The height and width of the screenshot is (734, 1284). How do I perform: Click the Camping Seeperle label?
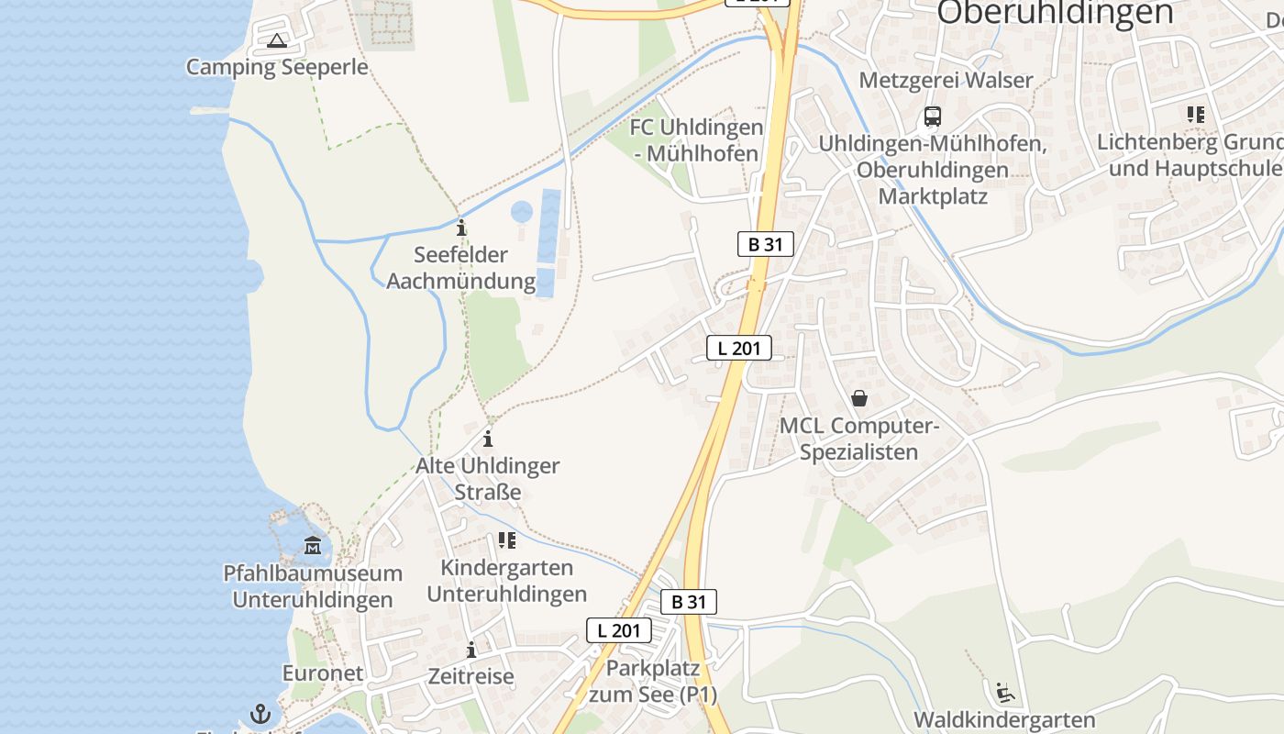[x=277, y=67]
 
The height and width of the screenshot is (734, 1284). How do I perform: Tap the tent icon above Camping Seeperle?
[x=277, y=40]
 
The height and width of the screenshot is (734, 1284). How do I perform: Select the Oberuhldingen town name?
[x=1055, y=13]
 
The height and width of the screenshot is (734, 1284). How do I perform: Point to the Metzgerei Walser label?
[x=946, y=80]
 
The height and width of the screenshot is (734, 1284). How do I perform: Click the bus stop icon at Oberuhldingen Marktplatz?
[x=933, y=117]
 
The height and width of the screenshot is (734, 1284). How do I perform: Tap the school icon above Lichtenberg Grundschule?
[x=1195, y=115]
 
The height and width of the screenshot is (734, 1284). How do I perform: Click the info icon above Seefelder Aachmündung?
[x=461, y=227]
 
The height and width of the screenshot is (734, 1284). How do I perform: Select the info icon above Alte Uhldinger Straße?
[x=488, y=439]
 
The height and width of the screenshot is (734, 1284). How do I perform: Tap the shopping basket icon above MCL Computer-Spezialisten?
[x=859, y=398]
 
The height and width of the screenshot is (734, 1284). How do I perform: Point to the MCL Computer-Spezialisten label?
[x=858, y=439]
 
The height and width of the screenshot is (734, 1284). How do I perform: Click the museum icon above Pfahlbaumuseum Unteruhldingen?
[x=313, y=546]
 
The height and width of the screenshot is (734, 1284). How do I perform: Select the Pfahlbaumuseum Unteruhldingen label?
[x=313, y=586]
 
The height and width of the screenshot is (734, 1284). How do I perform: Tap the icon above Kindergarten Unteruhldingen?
[x=506, y=540]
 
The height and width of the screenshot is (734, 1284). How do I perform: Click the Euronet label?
[x=322, y=673]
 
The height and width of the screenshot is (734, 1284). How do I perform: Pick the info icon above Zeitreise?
[x=471, y=650]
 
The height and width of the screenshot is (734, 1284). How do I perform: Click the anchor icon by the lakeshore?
[x=261, y=714]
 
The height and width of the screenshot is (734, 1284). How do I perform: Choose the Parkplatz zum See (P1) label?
[x=653, y=681]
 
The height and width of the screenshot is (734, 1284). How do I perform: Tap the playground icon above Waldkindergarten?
[x=1004, y=692]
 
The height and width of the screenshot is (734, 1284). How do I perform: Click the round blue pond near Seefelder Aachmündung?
[x=522, y=213]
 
